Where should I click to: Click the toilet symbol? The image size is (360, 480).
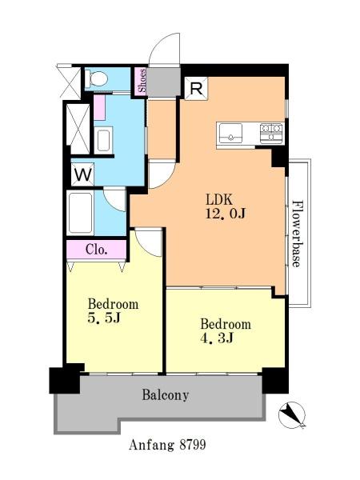point(96,78)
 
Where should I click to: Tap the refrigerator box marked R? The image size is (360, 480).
point(196,89)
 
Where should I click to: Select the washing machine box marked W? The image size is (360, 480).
point(82,174)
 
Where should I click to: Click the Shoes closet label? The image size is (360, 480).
point(142,81)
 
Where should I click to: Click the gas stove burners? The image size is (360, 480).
point(271,133)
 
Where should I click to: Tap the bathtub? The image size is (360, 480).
point(80,213)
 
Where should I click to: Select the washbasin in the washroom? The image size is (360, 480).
point(103,141)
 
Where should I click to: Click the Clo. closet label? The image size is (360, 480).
point(97,250)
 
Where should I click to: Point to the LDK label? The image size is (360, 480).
point(219,199)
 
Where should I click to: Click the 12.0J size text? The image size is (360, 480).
point(226,214)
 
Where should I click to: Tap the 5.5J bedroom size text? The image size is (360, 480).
point(103,318)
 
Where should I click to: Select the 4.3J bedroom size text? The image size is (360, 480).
point(218,338)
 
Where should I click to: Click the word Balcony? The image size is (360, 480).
point(166,395)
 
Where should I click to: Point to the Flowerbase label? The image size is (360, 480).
point(296,234)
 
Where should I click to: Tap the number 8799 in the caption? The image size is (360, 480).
point(193,445)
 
